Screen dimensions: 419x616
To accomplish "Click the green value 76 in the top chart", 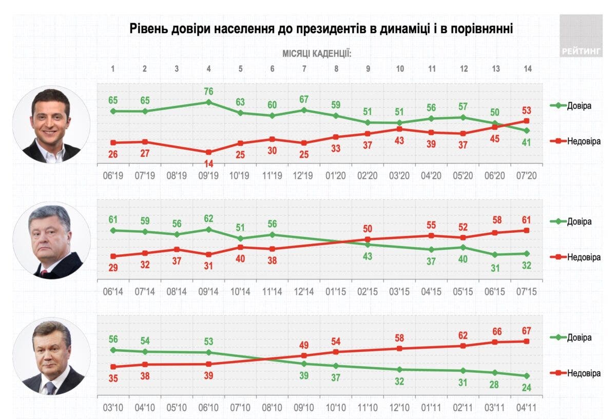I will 208,92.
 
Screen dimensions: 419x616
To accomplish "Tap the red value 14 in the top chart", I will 208,164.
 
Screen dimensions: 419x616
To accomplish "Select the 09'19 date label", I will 208,175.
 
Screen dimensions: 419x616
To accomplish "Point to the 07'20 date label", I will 526,175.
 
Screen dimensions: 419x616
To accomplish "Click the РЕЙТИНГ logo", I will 581,51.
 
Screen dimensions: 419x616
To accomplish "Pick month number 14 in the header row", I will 526,69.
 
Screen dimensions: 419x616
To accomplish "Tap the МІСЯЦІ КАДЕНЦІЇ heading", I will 316,53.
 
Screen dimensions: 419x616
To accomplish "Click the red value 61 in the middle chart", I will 526,220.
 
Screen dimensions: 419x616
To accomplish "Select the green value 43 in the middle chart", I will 367,256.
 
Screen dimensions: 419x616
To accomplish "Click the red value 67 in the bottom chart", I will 526,330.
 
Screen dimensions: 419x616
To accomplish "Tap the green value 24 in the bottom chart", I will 526,387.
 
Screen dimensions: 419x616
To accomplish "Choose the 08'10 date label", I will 272,408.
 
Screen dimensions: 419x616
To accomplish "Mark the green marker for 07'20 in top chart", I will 526,130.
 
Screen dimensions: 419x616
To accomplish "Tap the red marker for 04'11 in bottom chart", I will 526,341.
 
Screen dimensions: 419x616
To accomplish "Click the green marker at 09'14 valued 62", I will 208,229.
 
